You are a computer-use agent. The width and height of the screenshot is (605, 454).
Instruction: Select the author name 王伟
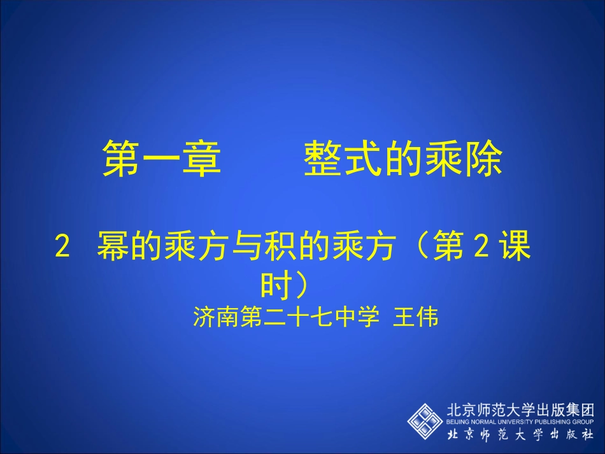416,317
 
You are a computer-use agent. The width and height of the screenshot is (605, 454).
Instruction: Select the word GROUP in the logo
583,422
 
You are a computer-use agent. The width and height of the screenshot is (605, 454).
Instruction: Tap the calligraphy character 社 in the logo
585,435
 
